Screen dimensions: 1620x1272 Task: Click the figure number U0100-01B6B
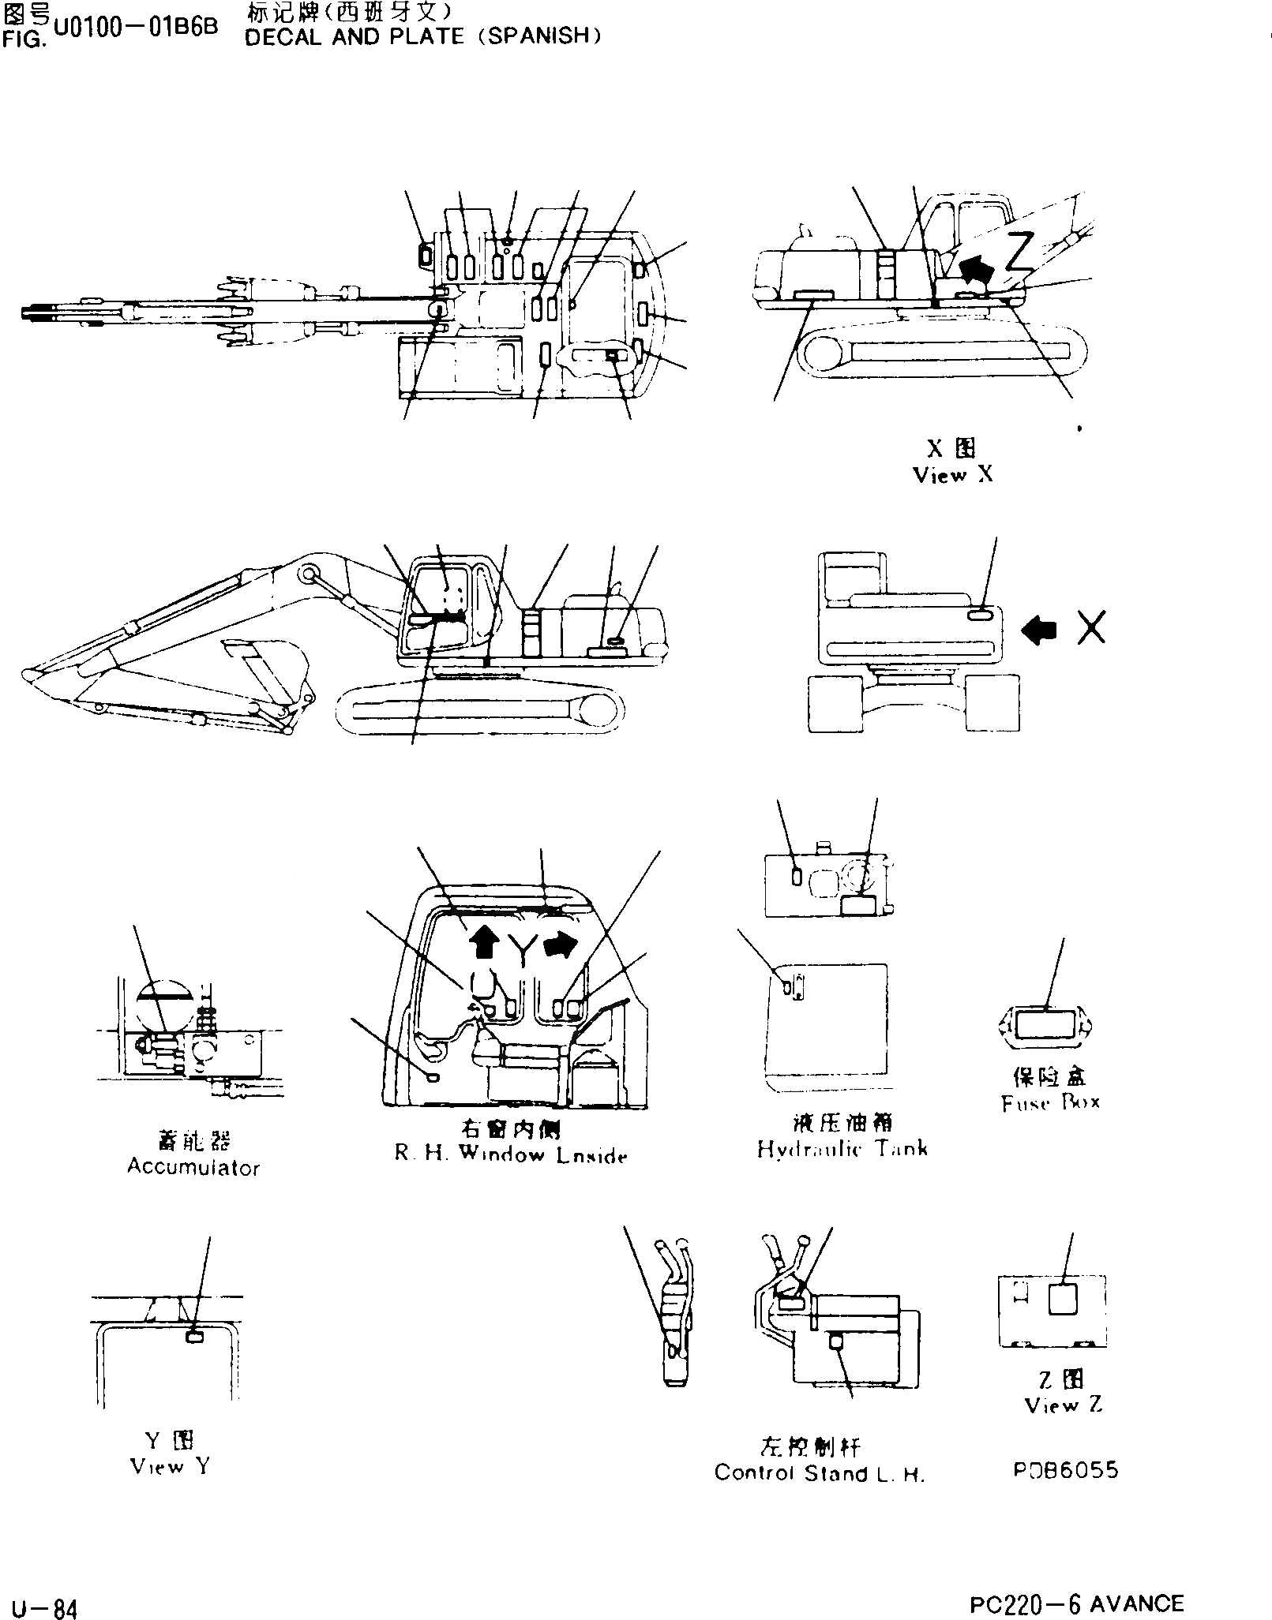pyautogui.click(x=134, y=29)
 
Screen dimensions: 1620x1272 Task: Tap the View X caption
pyautogui.click(x=952, y=475)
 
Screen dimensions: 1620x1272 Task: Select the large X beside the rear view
pyautogui.click(x=1091, y=627)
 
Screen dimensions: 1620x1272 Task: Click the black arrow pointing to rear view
pyautogui.click(x=1039, y=630)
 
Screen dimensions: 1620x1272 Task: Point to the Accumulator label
pyautogui.click(x=193, y=1167)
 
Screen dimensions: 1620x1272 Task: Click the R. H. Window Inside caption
pyautogui.click(x=511, y=1155)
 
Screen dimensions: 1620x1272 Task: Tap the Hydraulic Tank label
pyautogui.click(x=842, y=1149)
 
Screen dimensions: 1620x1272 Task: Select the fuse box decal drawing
pyautogui.click(x=1044, y=1025)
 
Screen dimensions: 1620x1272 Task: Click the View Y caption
pyautogui.click(x=169, y=1467)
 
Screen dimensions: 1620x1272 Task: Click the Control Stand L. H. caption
pyautogui.click(x=819, y=1473)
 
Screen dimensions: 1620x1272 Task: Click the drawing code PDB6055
pyautogui.click(x=1066, y=1470)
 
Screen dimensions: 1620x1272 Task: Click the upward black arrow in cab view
pyautogui.click(x=484, y=942)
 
